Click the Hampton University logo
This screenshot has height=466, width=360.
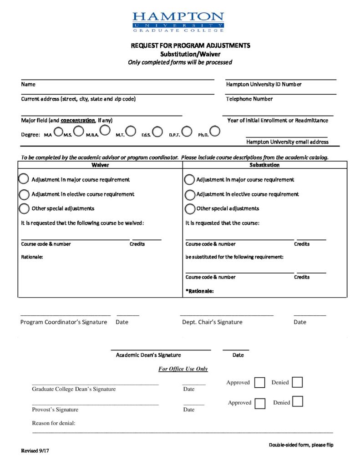(178, 22)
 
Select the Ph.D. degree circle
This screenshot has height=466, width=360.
(215, 131)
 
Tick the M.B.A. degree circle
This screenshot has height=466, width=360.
(105, 131)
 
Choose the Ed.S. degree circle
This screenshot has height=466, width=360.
(157, 132)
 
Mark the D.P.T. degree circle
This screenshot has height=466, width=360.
(187, 132)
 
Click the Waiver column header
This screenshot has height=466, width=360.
(100, 165)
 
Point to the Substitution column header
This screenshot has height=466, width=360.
(264, 165)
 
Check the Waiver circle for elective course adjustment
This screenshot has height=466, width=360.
(24, 195)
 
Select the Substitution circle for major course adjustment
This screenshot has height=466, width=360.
(189, 180)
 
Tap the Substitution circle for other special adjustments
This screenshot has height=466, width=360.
(189, 209)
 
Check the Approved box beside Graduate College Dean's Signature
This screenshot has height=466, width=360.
(259, 383)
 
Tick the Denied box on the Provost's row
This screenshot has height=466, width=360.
(297, 402)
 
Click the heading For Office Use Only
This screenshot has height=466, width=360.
(183, 369)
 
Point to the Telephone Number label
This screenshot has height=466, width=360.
(249, 99)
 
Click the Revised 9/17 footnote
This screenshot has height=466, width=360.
(35, 451)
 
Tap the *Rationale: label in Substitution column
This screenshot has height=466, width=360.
(200, 291)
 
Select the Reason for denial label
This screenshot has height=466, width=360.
(53, 423)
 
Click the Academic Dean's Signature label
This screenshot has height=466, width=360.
(148, 355)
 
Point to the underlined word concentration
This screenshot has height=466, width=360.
(78, 121)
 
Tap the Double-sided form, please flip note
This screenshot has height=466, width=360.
(301, 445)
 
